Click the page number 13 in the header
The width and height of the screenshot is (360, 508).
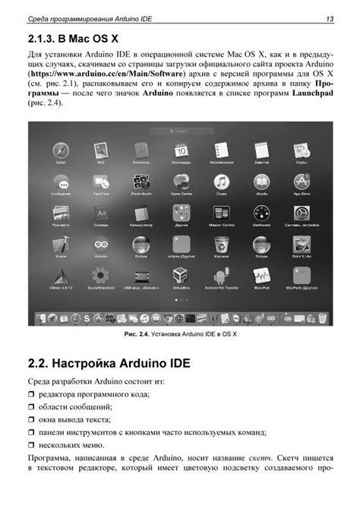click(329, 18)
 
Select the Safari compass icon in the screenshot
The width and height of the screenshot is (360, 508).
click(61, 151)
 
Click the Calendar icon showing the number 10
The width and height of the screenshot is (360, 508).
click(180, 150)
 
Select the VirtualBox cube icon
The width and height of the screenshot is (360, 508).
click(181, 276)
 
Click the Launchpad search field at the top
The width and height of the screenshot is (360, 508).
click(180, 131)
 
